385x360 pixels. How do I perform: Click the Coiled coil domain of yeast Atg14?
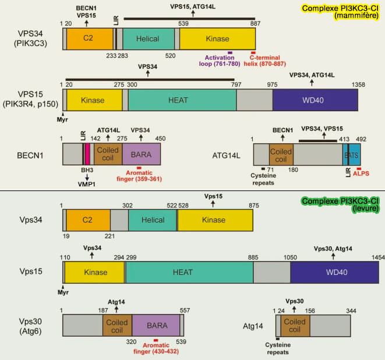tap(294, 325)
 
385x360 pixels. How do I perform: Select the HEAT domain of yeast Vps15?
tap(189, 273)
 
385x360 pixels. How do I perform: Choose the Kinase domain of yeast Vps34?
tap(215, 221)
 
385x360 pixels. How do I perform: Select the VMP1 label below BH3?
tap(87, 182)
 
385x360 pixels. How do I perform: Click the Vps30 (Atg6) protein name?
tap(33, 326)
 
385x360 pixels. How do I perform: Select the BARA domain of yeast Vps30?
tap(156, 325)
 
